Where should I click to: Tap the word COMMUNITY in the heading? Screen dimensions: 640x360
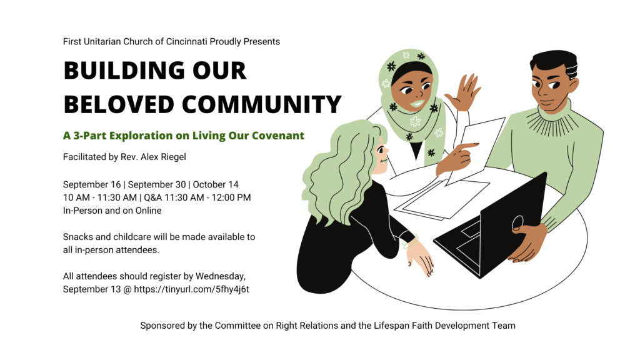click(261, 104)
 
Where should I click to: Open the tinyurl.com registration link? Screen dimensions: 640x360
click(191, 289)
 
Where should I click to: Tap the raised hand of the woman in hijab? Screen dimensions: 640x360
click(464, 92)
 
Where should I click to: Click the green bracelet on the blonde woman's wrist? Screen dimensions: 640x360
click(410, 241)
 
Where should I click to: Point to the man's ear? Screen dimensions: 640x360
click(572, 85)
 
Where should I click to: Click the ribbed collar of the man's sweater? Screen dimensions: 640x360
click(554, 116)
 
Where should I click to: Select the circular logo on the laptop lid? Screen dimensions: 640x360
click(517, 222)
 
